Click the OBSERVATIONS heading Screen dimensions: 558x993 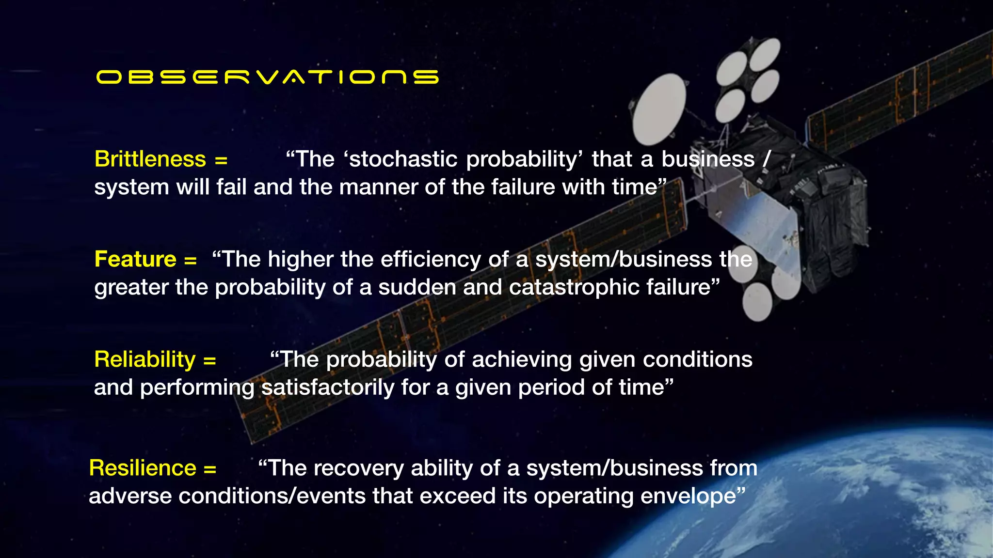tap(267, 77)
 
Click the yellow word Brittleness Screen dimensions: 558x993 tap(150, 159)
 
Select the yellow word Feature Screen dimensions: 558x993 tap(135, 259)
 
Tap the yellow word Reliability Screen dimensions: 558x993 tap(144, 359)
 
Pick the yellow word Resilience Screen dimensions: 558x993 tap(143, 468)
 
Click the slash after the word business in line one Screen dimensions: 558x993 tap(767, 159)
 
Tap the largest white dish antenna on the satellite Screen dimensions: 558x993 tap(659, 109)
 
